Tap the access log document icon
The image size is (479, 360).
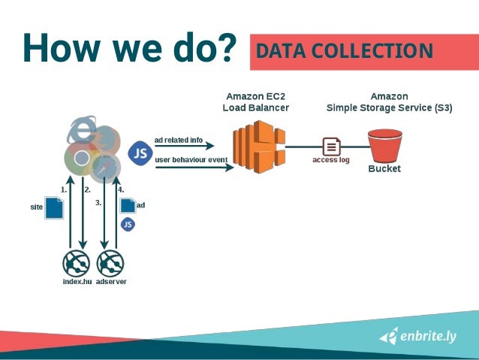[331, 146]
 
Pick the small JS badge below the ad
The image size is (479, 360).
[128, 224]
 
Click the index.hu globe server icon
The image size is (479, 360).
[77, 263]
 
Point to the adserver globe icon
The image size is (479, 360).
[111, 263]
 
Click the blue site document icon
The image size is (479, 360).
[54, 207]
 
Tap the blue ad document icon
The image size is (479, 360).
[128, 204]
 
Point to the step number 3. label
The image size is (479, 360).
[98, 203]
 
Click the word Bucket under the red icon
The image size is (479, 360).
[384, 169]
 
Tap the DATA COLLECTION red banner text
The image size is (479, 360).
[345, 51]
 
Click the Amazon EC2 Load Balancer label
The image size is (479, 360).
[255, 102]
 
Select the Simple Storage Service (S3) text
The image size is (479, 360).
[389, 107]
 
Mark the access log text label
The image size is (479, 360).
[331, 160]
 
